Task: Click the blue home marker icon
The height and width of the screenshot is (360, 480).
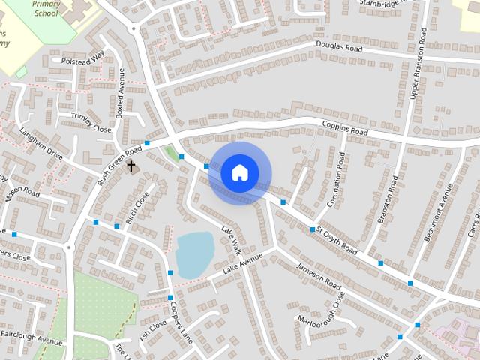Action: click(x=239, y=172)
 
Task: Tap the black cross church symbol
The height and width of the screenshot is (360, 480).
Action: click(x=131, y=166)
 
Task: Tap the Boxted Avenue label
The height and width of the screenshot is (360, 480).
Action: click(x=119, y=91)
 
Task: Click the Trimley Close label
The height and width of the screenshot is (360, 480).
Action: click(x=91, y=123)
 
